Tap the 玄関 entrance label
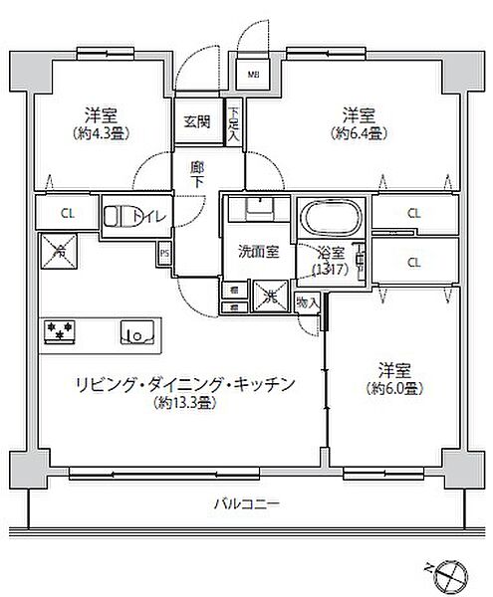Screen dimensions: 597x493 click(x=195, y=122)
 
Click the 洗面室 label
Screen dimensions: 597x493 click(x=257, y=252)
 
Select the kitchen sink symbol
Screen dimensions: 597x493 click(x=135, y=331)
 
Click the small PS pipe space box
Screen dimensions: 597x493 click(x=163, y=254)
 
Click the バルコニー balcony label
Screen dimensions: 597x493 click(x=245, y=504)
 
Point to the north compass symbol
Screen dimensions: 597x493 click(x=449, y=572)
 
